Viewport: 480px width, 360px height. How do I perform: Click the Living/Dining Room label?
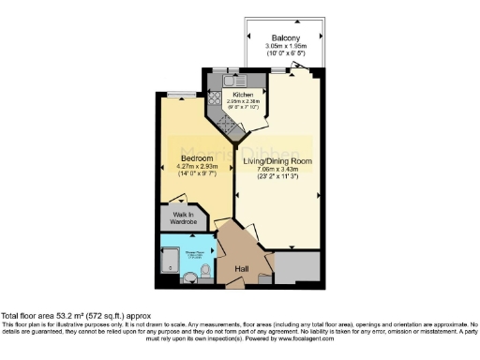[278, 161]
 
